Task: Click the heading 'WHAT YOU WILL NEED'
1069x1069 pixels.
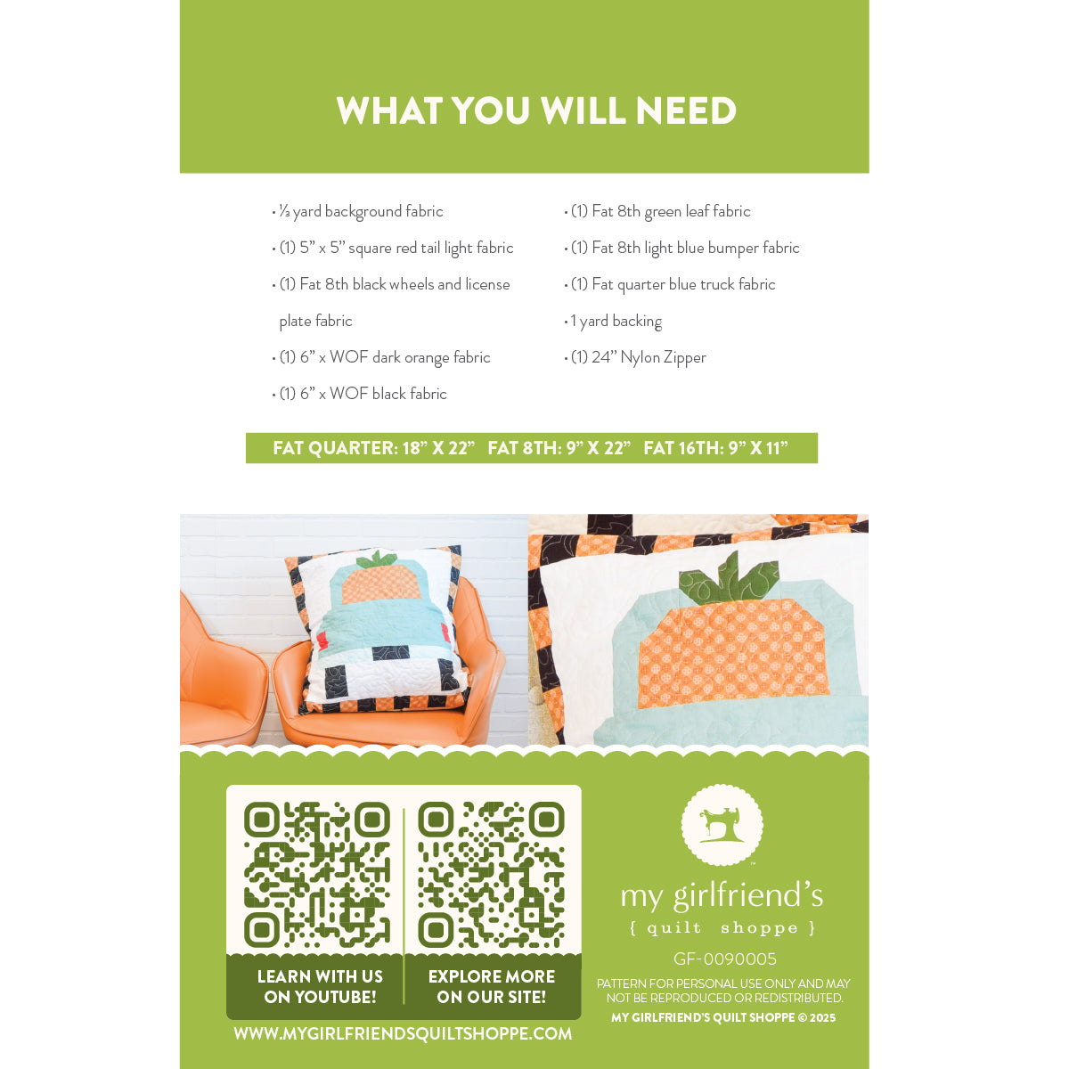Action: pos(536,110)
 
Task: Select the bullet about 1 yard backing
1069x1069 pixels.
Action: pos(613,322)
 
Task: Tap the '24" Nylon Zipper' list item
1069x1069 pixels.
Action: pos(635,358)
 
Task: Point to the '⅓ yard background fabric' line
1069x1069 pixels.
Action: pos(358,211)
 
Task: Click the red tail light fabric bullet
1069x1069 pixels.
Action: pos(393,248)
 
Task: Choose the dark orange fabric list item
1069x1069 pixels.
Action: pos(381,358)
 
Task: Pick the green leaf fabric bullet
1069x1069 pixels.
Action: pos(657,211)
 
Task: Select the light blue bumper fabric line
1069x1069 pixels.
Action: pos(681,248)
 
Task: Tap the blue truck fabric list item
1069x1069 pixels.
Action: pos(670,284)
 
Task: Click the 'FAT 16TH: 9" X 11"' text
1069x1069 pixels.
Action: pos(715,448)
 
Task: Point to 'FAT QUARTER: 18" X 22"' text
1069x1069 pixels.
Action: pos(374,448)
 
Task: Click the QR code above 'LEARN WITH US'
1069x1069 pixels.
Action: pos(317,874)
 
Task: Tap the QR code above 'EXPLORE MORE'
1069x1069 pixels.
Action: pos(492,874)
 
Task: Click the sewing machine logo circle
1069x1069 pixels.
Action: pos(722,825)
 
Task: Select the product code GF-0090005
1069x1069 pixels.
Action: pos(724,959)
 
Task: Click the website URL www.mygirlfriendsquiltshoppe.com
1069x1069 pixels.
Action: pos(403,1033)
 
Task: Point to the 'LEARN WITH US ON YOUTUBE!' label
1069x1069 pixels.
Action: pos(320,987)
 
